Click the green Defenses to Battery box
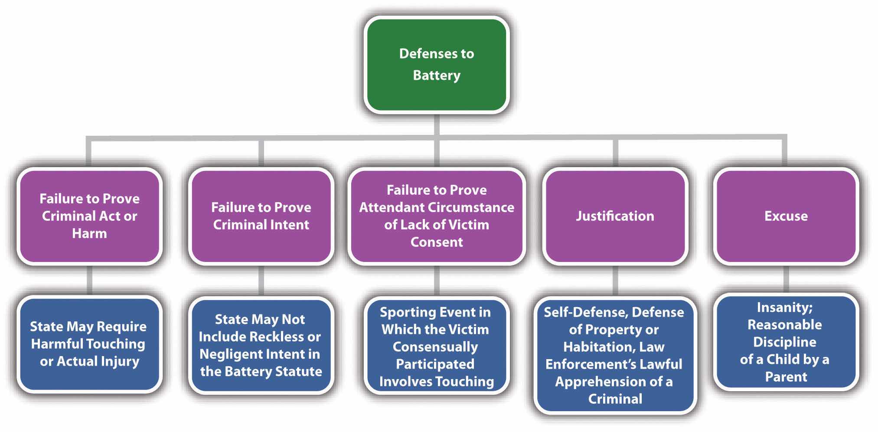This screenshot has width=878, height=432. [x=436, y=65]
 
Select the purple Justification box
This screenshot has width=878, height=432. [x=615, y=216]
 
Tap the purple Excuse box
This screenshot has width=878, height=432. [x=786, y=216]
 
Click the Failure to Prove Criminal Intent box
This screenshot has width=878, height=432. [x=261, y=216]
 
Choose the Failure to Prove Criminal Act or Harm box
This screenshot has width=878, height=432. [x=89, y=216]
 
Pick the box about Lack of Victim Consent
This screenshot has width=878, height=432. [x=436, y=216]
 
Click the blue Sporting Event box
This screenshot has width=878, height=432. [x=436, y=346]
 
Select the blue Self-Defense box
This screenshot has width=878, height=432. [x=614, y=355]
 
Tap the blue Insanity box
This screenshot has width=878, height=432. [x=785, y=342]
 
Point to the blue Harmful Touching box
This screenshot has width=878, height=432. [x=89, y=344]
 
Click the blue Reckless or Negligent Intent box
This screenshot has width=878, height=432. [x=261, y=345]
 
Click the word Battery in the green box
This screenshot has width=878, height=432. [x=436, y=75]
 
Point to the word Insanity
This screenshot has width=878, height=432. [x=784, y=308]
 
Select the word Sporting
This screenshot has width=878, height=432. [x=408, y=312]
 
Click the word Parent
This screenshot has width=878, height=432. [x=786, y=377]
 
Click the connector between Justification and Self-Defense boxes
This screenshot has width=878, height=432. [x=615, y=281]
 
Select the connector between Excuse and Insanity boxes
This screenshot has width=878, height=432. [x=786, y=279]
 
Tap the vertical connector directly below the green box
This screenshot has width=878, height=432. [x=436, y=124]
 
